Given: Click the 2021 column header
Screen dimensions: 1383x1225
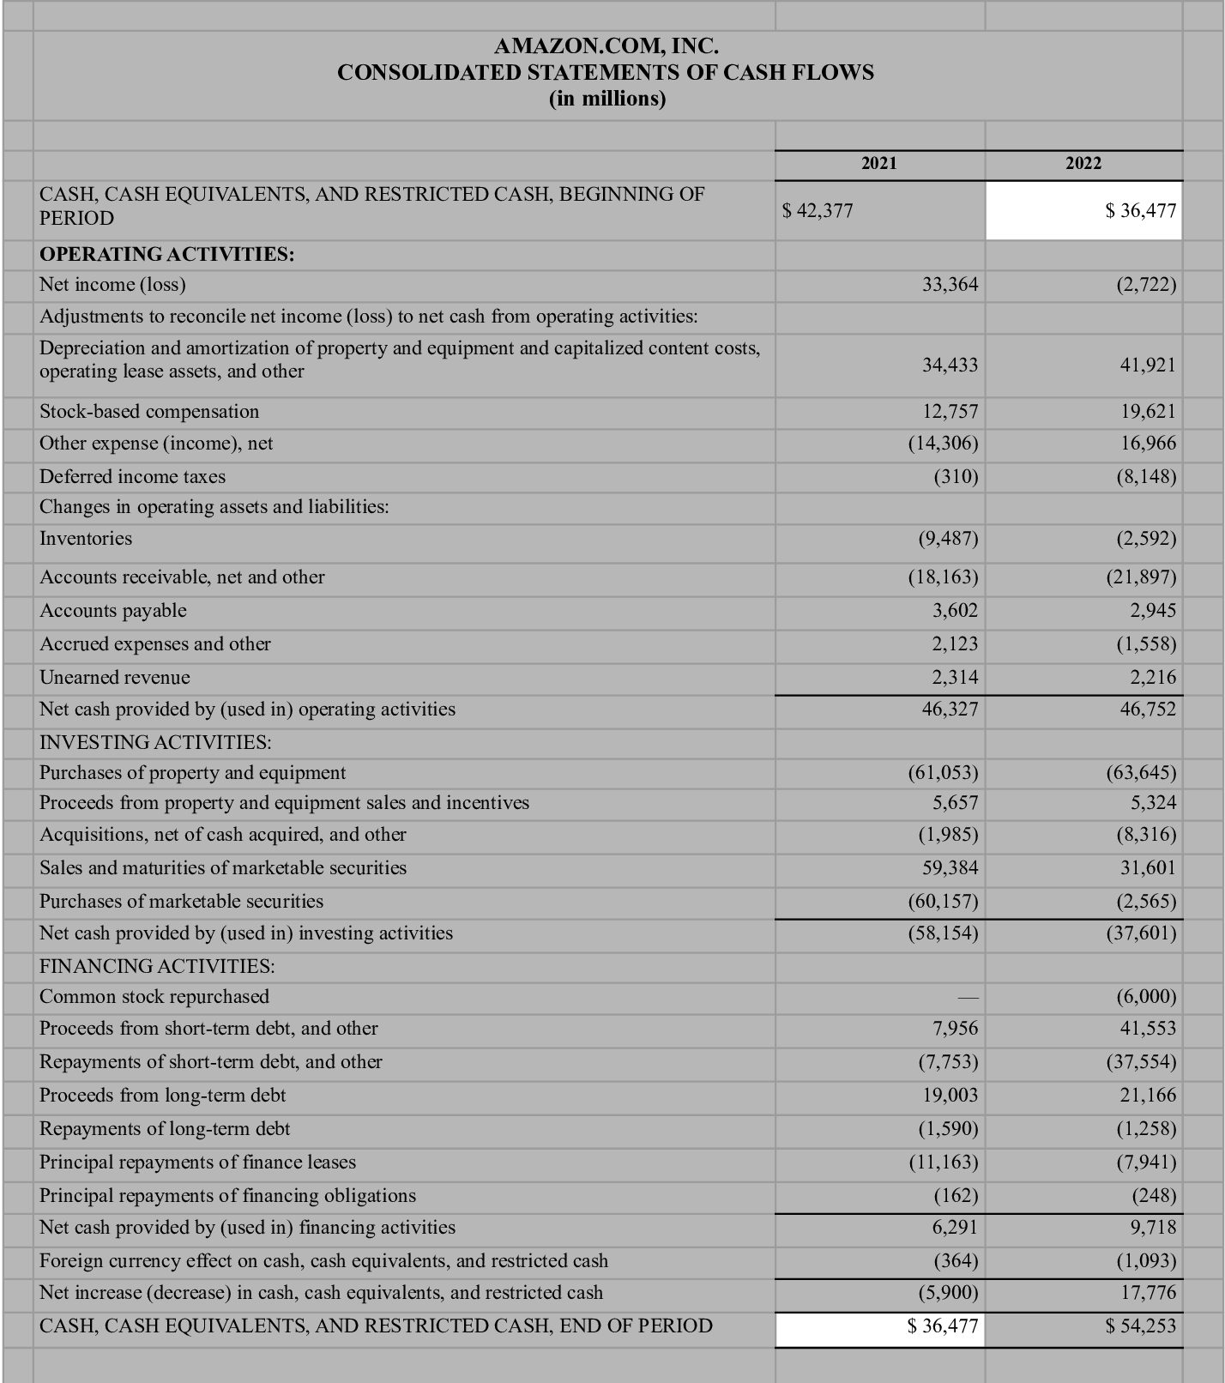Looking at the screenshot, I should pyautogui.click(x=878, y=163).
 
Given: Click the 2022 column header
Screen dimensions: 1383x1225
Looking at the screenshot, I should pyautogui.click(x=1083, y=163).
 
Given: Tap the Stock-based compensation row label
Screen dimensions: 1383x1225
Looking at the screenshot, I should pyautogui.click(x=149, y=412).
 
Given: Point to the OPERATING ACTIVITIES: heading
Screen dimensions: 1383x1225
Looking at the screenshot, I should pyautogui.click(x=167, y=254).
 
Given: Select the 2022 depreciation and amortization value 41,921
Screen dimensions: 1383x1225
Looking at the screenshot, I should pyautogui.click(x=1147, y=365).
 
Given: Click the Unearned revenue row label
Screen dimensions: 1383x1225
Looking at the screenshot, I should pyautogui.click(x=115, y=678).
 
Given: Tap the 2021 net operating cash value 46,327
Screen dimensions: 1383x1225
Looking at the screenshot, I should pyautogui.click(x=950, y=710).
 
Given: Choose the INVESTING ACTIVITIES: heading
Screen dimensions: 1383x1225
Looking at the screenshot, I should pyautogui.click(x=155, y=741).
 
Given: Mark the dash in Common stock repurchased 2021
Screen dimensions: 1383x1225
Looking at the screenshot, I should pyautogui.click(x=968, y=997).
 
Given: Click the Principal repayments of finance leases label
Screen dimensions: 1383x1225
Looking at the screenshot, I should pyautogui.click(x=197, y=1163).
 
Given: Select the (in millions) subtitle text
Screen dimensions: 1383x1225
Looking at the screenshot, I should pyautogui.click(x=606, y=99).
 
